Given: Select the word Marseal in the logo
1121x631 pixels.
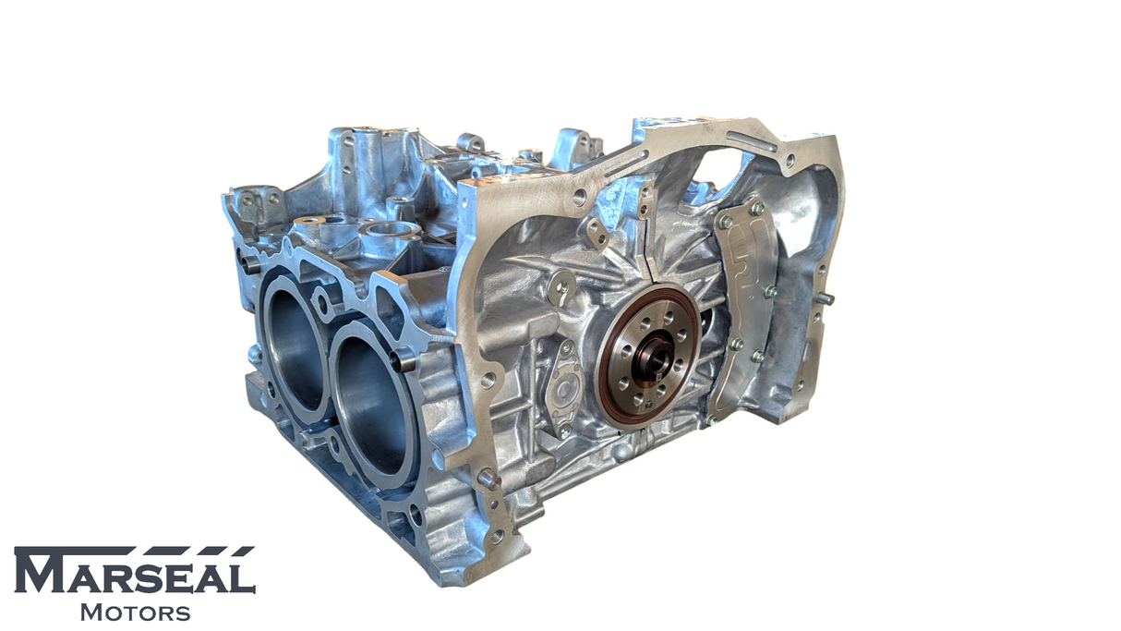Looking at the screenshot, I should [134, 576].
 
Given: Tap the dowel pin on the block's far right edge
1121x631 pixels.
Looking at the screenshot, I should [825, 298].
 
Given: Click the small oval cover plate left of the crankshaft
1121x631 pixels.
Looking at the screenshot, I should [562, 389].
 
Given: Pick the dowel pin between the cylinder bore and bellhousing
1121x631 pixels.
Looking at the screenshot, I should [403, 360].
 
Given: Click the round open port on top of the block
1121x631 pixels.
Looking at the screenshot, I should [388, 228].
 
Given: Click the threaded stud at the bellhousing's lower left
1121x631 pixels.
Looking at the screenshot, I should [488, 478].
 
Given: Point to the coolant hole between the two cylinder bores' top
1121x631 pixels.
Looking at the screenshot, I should [322, 300].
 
